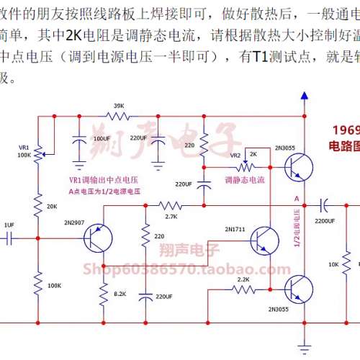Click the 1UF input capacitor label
[9, 225]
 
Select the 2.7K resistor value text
[171, 216]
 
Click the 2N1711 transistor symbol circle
[266, 237]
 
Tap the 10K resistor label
[333, 265]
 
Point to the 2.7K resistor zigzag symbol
[171, 206]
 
